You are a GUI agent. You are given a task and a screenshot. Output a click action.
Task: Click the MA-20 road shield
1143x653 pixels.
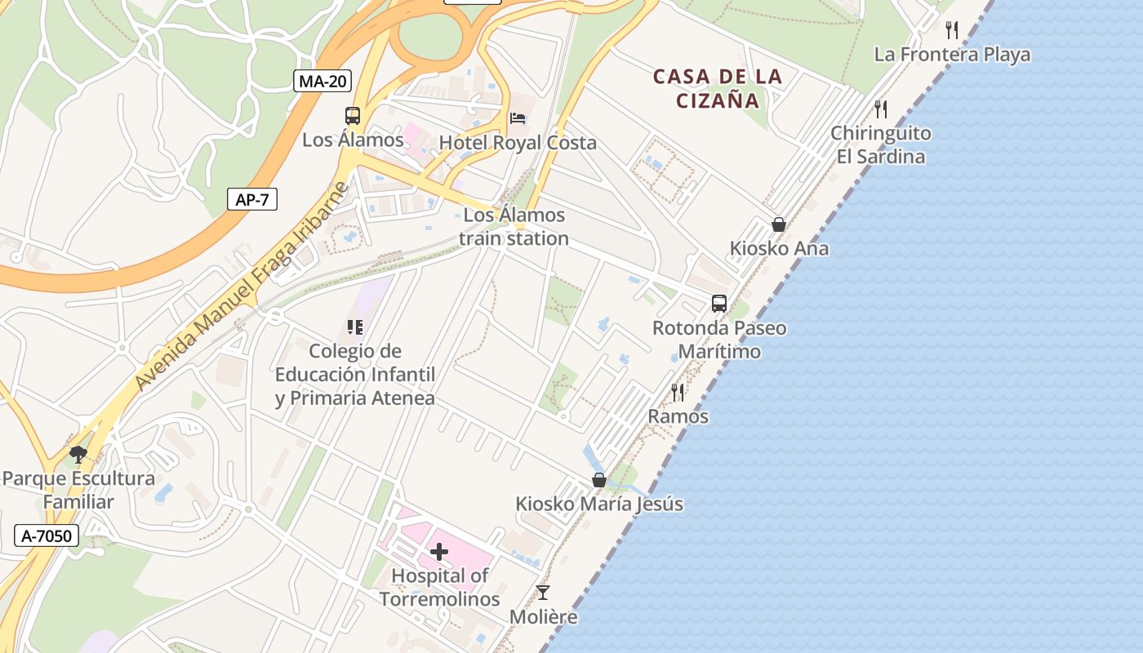(322, 81)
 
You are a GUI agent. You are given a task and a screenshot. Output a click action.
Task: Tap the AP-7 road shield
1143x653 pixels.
(251, 199)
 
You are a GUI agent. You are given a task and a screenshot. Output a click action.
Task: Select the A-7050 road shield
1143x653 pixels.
(47, 536)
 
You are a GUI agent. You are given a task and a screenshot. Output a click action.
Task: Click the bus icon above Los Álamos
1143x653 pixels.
(353, 116)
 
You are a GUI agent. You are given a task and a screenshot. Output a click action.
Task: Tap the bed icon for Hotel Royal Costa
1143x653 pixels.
(518, 118)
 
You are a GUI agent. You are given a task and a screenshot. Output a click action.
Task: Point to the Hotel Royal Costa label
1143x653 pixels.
(518, 143)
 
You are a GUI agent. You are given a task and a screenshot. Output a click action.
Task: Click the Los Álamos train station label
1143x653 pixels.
(514, 227)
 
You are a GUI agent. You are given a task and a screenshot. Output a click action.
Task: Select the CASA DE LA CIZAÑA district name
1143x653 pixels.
(718, 88)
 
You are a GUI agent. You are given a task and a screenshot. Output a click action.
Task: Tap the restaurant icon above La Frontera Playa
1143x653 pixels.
(952, 30)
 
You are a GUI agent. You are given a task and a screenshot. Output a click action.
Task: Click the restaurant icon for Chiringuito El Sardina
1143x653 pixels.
(880, 109)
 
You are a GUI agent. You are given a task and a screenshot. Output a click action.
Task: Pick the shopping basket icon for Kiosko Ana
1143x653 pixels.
(779, 224)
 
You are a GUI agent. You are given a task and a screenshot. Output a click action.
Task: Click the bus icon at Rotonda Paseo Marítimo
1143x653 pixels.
(718, 304)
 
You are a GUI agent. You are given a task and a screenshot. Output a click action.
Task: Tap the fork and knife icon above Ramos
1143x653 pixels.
(678, 393)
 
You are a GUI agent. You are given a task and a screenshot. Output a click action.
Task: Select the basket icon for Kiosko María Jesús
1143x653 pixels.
(599, 480)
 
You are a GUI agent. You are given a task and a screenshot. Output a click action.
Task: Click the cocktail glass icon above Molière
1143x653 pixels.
(543, 593)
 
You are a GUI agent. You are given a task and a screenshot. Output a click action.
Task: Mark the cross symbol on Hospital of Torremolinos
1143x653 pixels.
(439, 553)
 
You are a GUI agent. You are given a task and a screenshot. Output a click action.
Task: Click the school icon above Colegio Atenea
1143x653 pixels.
(354, 327)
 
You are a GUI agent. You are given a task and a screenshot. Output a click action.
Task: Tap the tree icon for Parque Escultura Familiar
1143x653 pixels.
(78, 454)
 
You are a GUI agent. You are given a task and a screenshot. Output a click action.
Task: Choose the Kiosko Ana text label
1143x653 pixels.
(779, 248)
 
